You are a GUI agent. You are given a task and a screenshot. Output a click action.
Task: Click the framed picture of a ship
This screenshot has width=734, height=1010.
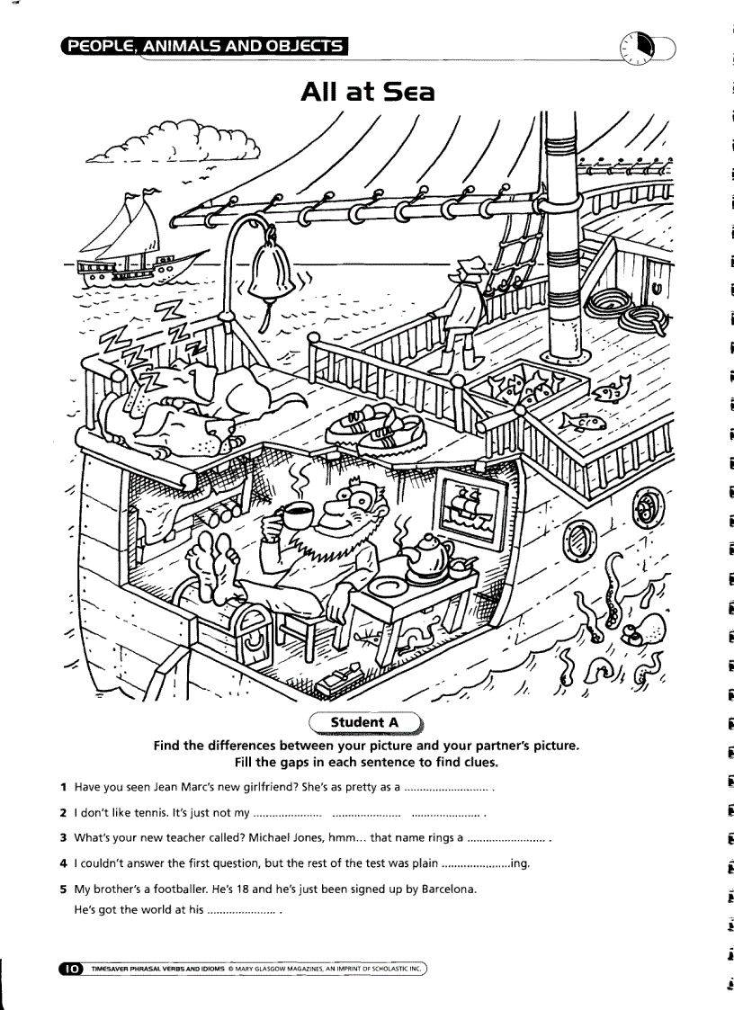[x=470, y=507]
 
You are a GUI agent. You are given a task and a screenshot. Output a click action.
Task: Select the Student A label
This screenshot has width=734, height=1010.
[x=365, y=722]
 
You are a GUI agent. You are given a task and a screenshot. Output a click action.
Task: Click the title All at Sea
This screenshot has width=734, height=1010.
[x=367, y=91]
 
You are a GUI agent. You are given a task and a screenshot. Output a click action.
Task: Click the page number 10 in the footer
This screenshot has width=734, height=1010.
[x=69, y=968]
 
